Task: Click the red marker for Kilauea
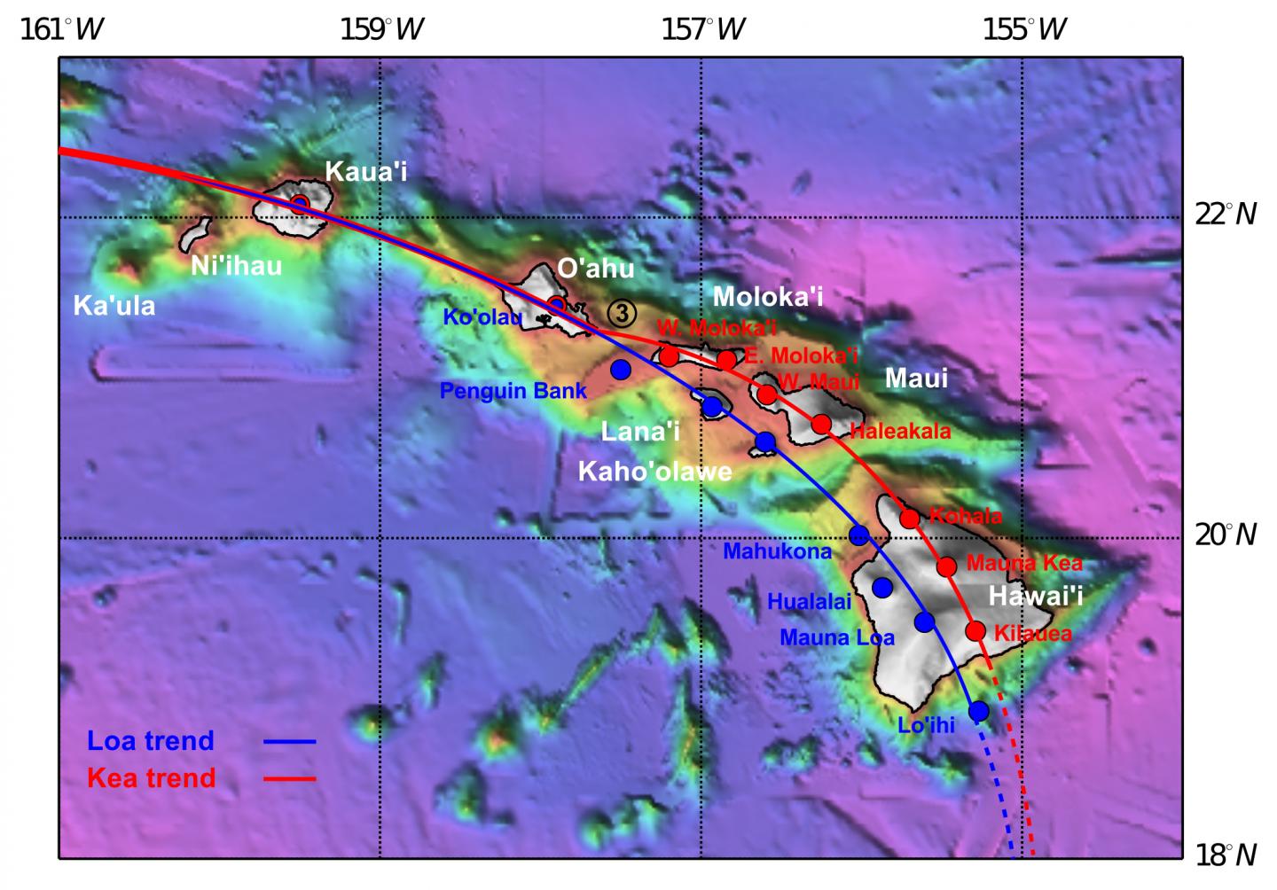coord(975,631)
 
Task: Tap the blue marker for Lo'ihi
coord(978,711)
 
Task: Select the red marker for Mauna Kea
coord(946,566)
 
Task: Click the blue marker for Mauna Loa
coord(924,621)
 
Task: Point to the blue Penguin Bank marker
coord(621,369)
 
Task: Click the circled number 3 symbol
coord(623,312)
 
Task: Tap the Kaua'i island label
coord(366,171)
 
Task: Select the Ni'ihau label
coord(236,265)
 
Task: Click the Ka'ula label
coord(114,306)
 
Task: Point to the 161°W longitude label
coord(61,29)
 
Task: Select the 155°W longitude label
coord(1024,29)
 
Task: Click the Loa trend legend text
coord(151,740)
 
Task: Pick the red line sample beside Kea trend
coord(289,778)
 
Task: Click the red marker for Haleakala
coord(821,424)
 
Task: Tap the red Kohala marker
coord(909,519)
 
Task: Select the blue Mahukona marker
coord(858,535)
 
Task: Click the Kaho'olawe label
coord(654,471)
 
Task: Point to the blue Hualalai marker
coord(881,587)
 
